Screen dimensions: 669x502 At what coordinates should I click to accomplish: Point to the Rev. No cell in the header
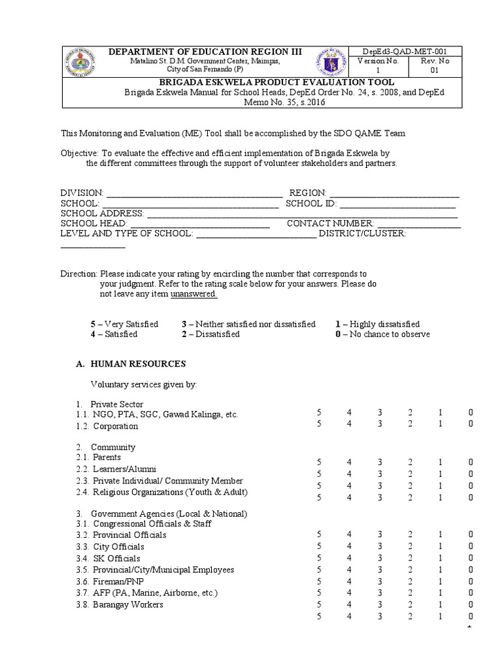(x=439, y=65)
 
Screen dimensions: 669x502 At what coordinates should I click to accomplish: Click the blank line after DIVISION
(x=194, y=193)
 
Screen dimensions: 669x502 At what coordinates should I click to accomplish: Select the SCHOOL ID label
(x=308, y=203)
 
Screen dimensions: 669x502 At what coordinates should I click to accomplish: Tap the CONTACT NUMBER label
(x=330, y=223)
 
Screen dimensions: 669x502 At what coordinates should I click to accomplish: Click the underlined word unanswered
(x=193, y=294)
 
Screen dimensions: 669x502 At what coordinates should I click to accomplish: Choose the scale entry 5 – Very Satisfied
(x=124, y=324)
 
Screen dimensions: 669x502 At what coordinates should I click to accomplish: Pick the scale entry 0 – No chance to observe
(x=382, y=334)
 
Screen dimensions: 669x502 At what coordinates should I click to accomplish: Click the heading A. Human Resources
(x=131, y=364)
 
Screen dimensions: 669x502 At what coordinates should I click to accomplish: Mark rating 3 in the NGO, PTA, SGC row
(x=380, y=414)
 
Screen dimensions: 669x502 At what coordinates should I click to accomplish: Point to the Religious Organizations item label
(x=170, y=492)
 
